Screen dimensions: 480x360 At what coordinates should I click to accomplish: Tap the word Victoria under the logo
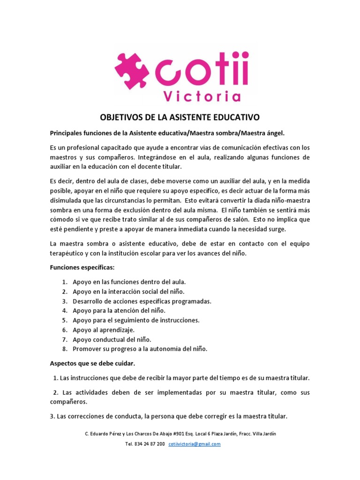202,96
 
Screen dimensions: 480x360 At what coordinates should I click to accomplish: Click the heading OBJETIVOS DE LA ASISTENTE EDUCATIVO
180,116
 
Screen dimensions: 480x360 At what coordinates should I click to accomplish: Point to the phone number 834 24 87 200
150,444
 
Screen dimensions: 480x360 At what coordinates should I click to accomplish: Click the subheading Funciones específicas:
82,268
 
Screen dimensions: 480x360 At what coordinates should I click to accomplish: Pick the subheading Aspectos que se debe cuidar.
92,363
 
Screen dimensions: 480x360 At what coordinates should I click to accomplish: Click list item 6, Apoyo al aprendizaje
104,330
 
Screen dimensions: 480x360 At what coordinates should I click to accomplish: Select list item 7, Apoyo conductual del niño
112,339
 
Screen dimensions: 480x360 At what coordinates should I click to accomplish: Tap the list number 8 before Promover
64,349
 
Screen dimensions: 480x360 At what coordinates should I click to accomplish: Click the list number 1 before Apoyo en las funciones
64,282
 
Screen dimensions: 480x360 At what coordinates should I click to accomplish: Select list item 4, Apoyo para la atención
119,310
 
